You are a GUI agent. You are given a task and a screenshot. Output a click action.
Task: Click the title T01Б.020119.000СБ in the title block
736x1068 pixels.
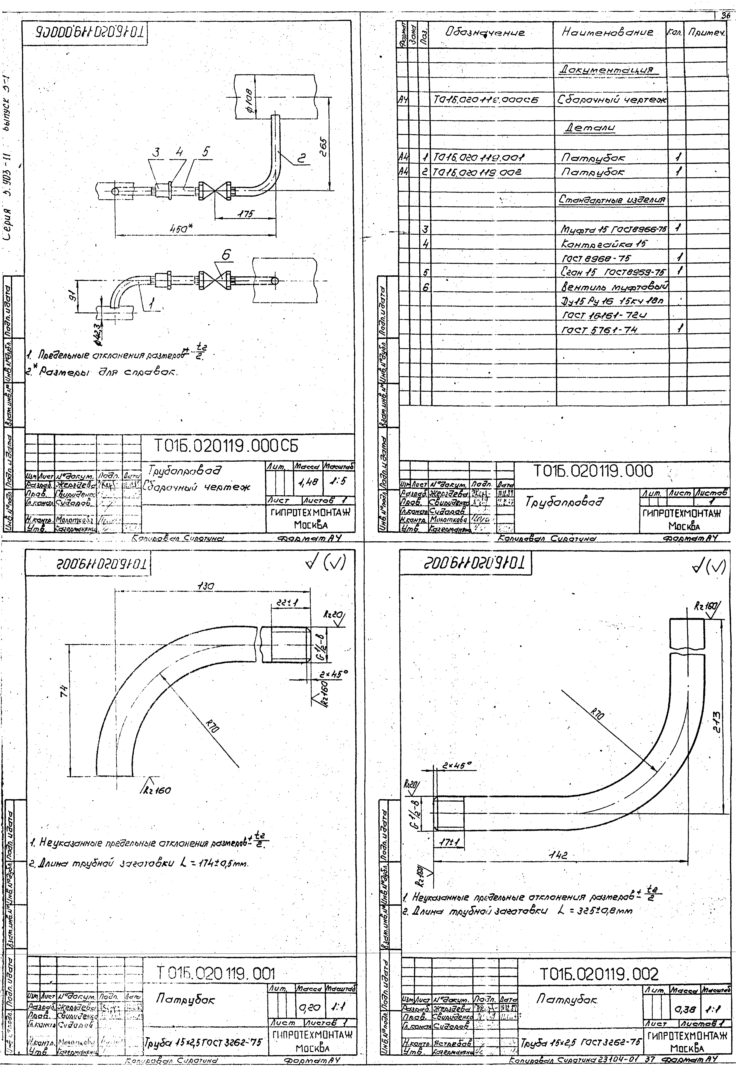click(226, 445)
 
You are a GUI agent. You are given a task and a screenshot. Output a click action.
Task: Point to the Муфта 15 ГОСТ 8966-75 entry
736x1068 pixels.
click(613, 229)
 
